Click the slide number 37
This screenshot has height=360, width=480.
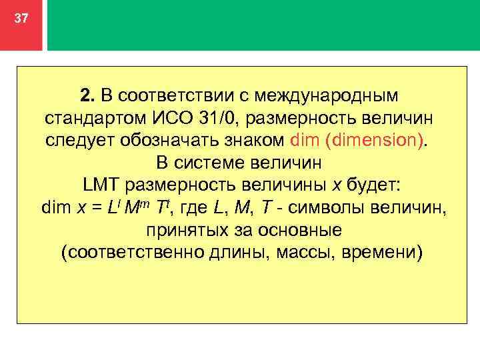pos(21,19)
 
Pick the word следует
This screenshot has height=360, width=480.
pos(79,141)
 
